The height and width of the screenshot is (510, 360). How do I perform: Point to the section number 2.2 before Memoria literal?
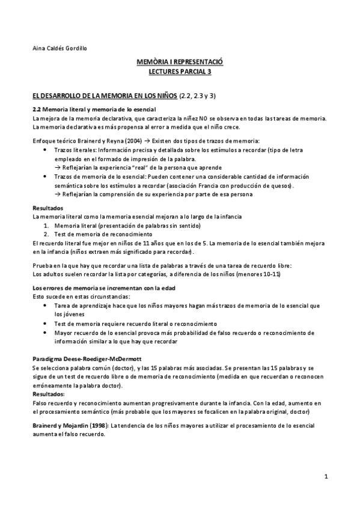(36, 109)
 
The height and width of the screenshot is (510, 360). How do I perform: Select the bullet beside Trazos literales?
(46, 149)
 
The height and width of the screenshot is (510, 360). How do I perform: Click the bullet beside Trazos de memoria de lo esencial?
(46, 177)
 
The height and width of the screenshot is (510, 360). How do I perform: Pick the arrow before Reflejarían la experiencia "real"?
(58, 167)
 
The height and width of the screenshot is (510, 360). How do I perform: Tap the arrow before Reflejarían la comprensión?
(58, 194)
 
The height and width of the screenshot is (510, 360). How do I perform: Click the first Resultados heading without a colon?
(47, 208)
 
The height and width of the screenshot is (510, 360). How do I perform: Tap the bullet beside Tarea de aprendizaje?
(46, 306)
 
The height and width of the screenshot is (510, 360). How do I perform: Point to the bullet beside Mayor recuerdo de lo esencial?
(46, 333)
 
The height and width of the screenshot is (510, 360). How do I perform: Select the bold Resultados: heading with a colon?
(48, 394)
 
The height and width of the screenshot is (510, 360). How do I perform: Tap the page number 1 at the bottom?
(325, 478)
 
